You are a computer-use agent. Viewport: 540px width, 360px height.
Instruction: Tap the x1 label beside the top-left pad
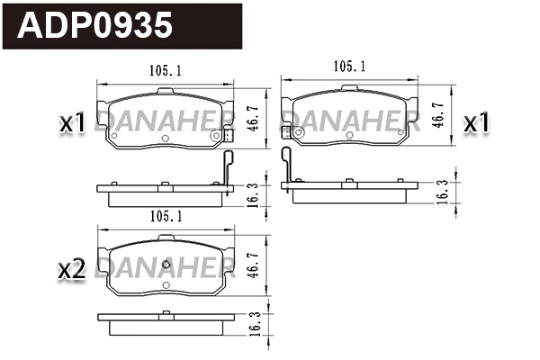[72, 123]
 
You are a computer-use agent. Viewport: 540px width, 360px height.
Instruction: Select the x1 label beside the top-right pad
[476, 122]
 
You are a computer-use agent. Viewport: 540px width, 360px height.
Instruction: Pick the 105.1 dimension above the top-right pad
[350, 66]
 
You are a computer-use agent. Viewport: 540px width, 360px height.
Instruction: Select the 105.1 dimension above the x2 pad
[165, 216]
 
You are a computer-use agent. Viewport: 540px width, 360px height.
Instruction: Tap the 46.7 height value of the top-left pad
[254, 117]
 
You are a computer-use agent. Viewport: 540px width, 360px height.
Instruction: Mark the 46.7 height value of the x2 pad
[254, 265]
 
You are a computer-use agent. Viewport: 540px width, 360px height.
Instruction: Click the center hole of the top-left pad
[165, 138]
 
